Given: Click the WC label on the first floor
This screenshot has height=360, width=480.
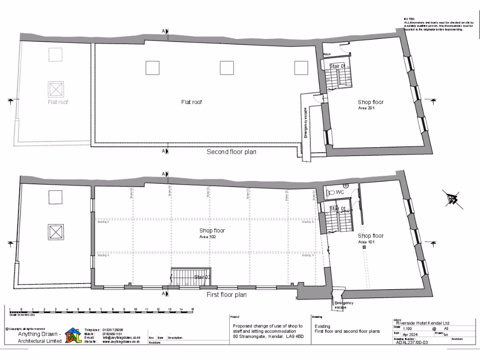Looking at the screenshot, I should pyautogui.click(x=340, y=192).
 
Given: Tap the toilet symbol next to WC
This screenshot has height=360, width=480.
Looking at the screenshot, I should pyautogui.click(x=330, y=192).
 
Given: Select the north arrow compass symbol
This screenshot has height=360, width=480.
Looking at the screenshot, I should pyautogui.click(x=453, y=199).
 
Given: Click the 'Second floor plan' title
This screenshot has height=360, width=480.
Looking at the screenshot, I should pyautogui.click(x=232, y=152).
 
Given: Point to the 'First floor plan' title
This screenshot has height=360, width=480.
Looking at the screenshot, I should pyautogui.click(x=227, y=295).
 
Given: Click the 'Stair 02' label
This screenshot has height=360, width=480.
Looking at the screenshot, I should pyautogui.click(x=203, y=277).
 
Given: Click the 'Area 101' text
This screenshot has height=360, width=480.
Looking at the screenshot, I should pyautogui.click(x=368, y=242).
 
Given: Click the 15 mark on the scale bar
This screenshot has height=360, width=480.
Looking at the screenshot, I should pyautogui.click(x=193, y=309).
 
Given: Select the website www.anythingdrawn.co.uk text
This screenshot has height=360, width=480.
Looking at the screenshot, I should pyautogui.click(x=122, y=342).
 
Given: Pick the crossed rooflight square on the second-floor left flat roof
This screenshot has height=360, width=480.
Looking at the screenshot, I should pyautogui.click(x=55, y=88).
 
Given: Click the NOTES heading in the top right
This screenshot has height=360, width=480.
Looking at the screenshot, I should pyautogui.click(x=409, y=19).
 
